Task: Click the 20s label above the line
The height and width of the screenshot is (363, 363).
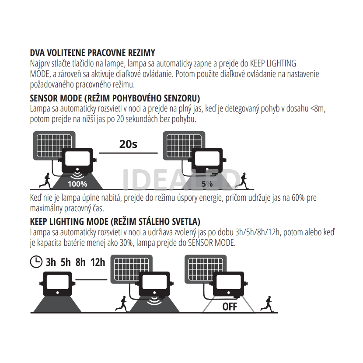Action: [x=128, y=144]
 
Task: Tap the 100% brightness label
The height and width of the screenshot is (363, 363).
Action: [x=77, y=184]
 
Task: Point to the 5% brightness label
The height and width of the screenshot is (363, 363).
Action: [x=207, y=184]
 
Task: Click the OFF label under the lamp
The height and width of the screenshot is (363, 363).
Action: [x=230, y=307]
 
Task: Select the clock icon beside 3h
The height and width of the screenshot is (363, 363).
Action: [x=36, y=262]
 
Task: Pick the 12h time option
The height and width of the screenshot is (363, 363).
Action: [x=98, y=262]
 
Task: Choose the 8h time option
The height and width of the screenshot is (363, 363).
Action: [x=80, y=262]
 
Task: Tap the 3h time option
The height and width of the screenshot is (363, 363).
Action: [x=51, y=262]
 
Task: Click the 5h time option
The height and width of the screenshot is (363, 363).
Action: [x=66, y=262]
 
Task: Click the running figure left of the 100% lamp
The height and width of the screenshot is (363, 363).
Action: [x=45, y=181]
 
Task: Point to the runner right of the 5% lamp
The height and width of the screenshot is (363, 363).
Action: [x=242, y=181]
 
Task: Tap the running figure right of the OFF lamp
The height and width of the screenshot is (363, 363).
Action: [x=267, y=304]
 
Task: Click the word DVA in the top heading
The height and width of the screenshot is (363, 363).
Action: [x=37, y=53]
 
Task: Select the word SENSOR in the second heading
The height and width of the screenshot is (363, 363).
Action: [x=44, y=98]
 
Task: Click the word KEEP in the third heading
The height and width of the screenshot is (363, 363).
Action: [x=38, y=222]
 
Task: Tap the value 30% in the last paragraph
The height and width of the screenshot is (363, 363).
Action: [x=126, y=243]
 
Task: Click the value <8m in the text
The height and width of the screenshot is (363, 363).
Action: [x=318, y=108]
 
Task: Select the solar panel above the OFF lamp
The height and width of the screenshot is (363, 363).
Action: [x=206, y=269]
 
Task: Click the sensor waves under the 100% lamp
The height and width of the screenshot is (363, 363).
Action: [x=77, y=175]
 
